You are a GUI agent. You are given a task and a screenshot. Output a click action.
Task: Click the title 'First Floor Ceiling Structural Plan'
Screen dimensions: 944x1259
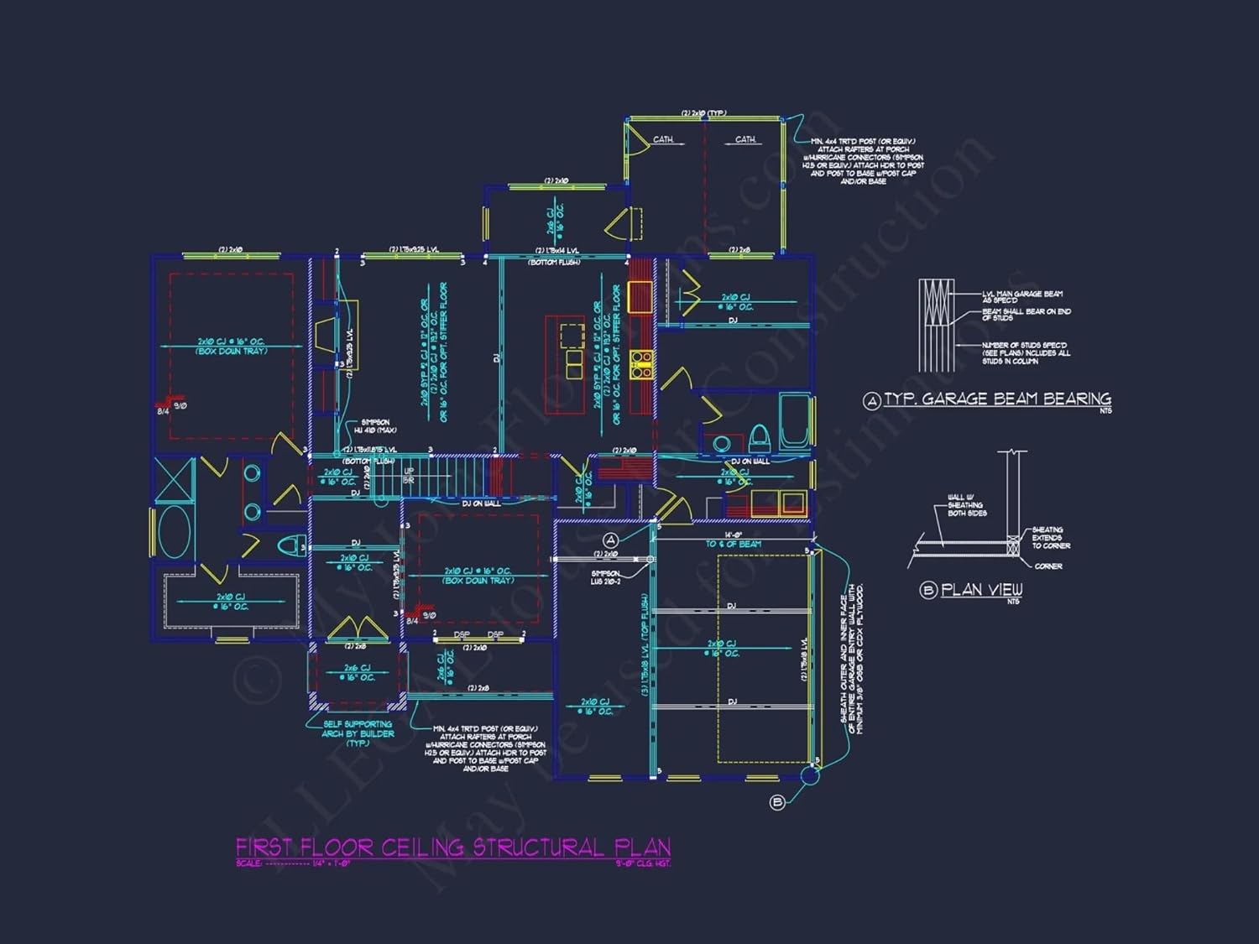click(x=453, y=848)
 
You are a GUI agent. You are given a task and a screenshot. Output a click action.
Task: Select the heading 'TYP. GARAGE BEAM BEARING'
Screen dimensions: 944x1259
click(x=997, y=399)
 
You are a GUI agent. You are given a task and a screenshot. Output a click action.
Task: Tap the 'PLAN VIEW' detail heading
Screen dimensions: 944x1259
click(x=981, y=590)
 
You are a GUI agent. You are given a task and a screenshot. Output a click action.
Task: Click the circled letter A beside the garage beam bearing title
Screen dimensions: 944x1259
click(x=872, y=401)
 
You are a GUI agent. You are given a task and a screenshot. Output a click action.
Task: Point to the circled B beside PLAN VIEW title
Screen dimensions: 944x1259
click(x=928, y=591)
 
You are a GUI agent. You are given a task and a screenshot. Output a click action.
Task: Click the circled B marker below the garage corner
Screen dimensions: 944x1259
click(x=777, y=802)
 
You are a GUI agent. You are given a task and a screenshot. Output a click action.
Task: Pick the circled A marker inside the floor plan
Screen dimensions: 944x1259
click(x=611, y=540)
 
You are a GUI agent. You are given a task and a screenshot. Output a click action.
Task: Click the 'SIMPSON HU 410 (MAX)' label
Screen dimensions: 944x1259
click(x=375, y=426)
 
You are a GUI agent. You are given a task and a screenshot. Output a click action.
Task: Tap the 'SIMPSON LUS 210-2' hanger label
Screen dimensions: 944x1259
click(x=605, y=577)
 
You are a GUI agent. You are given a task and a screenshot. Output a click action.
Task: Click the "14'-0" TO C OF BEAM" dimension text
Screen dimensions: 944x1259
click(x=733, y=540)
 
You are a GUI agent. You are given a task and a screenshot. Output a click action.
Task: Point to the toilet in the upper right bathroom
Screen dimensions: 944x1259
click(x=760, y=437)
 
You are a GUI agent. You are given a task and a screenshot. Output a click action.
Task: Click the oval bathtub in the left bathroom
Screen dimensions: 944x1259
click(x=175, y=532)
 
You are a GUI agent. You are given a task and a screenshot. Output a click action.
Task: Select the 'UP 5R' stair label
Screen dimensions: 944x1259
click(x=409, y=476)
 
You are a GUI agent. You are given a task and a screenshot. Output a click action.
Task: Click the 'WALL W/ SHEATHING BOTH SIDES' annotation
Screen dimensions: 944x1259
click(x=967, y=505)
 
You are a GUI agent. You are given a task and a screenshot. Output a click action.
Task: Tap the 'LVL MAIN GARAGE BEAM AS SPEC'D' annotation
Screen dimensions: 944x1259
click(x=1022, y=297)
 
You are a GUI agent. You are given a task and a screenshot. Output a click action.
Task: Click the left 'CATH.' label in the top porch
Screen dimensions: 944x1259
click(x=663, y=139)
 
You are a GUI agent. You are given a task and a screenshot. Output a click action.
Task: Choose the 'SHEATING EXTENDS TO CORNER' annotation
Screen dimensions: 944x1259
click(x=1050, y=538)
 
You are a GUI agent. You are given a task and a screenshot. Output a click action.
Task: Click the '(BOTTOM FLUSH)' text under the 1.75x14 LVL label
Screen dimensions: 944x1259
click(x=554, y=263)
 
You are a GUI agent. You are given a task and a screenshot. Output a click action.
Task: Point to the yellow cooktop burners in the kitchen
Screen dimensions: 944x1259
click(x=642, y=363)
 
